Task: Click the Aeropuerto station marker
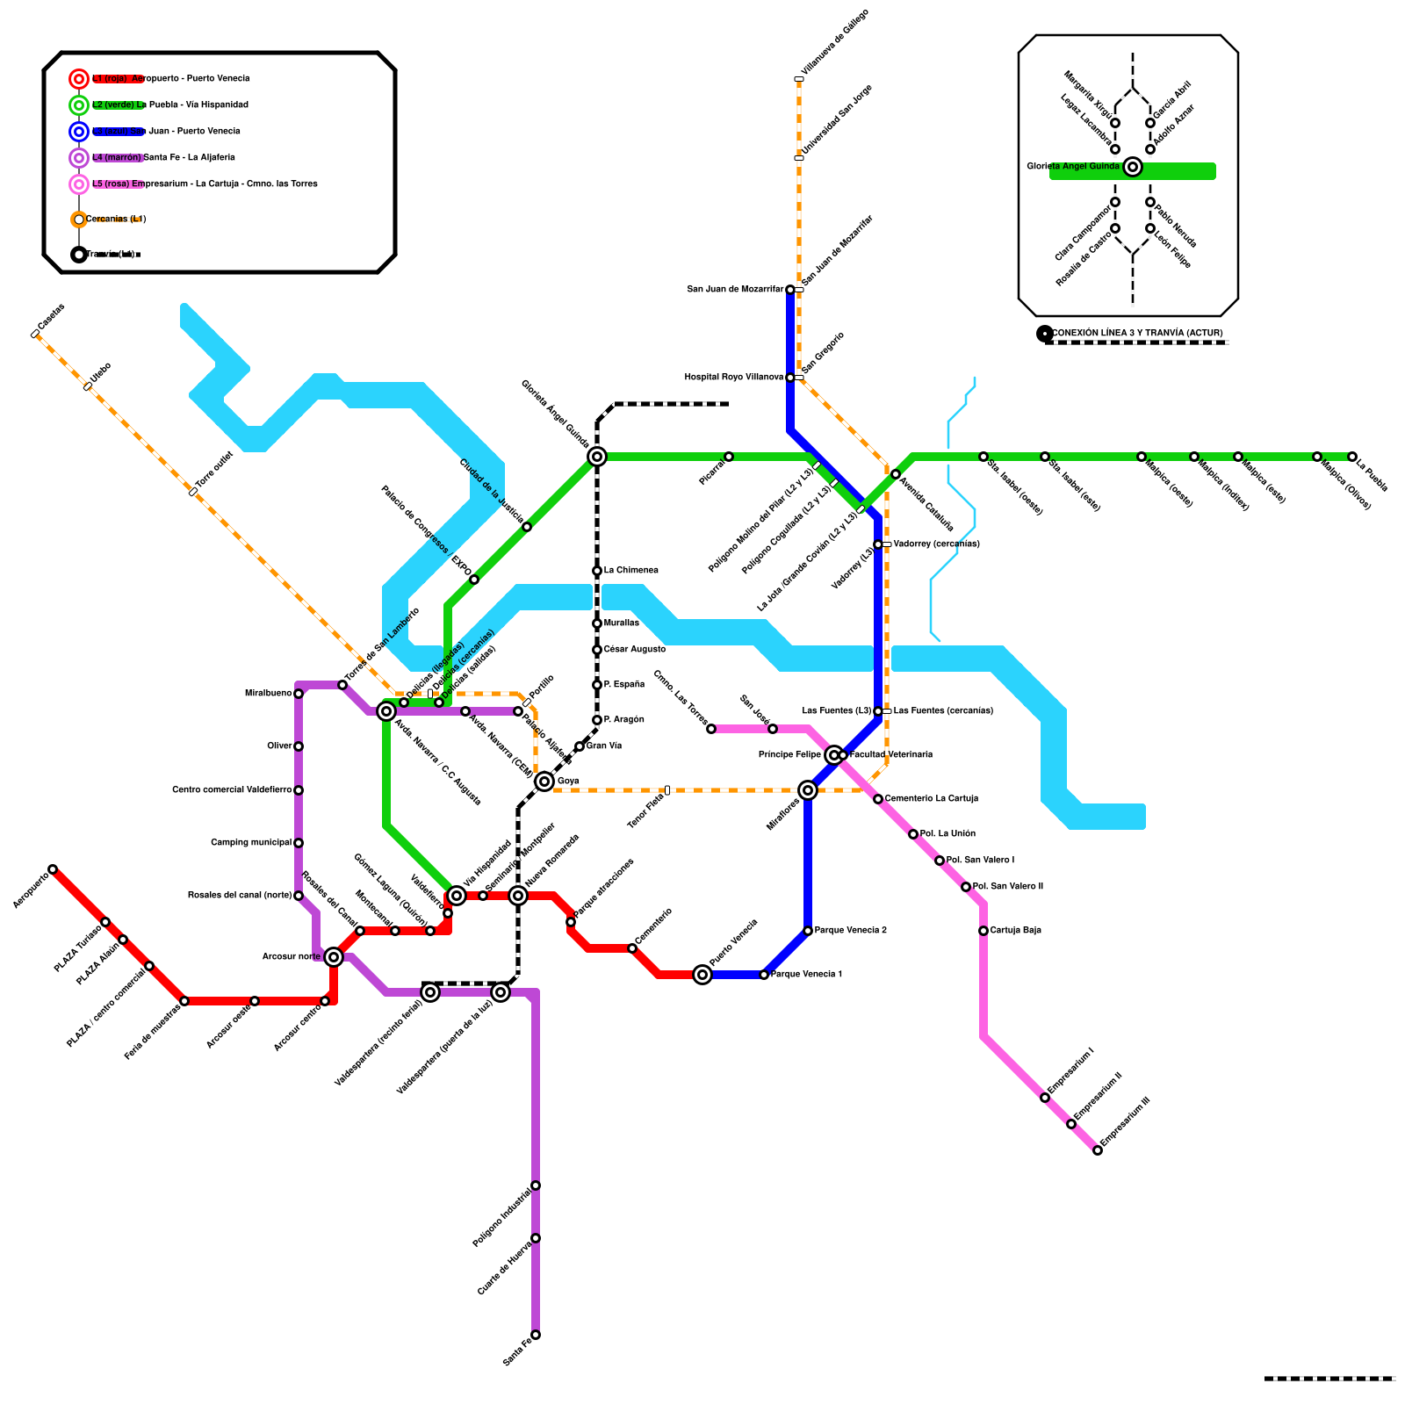pos(53,869)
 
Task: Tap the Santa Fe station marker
pos(536,1335)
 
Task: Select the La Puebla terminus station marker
pos(1352,457)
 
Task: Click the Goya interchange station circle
pos(544,782)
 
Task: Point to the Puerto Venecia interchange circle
pos(702,975)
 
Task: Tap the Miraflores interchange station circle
pos(808,790)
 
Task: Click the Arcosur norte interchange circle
pos(334,957)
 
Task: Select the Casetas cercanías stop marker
pos(35,334)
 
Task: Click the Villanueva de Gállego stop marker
pos(799,79)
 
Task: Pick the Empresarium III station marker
pos(1098,1150)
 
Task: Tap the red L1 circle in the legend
pos(79,79)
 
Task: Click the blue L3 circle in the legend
pos(79,132)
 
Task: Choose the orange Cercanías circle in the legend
pos(79,220)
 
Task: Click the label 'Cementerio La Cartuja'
pos(931,799)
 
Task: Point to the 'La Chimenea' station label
pos(630,571)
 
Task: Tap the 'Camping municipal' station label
pos(251,843)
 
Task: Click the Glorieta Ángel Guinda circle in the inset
pos(1133,167)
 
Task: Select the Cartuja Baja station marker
pos(983,931)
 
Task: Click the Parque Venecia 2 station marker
pos(808,931)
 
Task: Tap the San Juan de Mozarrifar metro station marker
pos(790,290)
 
